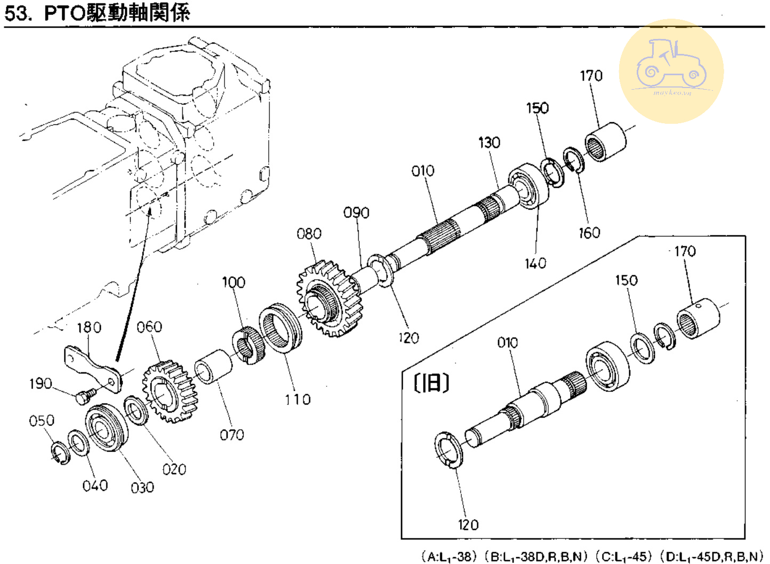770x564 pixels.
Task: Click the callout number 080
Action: tap(309, 234)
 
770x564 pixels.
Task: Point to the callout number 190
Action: tap(41, 384)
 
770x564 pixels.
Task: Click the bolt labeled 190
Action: tap(84, 396)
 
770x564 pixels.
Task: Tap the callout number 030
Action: tap(142, 487)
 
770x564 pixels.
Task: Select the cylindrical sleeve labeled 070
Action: tap(213, 366)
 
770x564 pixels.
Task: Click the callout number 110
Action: tap(297, 399)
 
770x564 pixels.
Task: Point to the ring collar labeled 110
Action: tap(280, 327)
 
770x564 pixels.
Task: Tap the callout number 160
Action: tap(589, 233)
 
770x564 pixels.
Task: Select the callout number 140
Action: tap(535, 263)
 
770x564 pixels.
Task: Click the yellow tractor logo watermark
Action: tap(671, 72)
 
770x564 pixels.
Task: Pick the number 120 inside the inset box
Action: tap(468, 525)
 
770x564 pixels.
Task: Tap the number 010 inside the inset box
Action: tap(507, 343)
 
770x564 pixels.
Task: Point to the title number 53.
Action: tap(16, 12)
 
